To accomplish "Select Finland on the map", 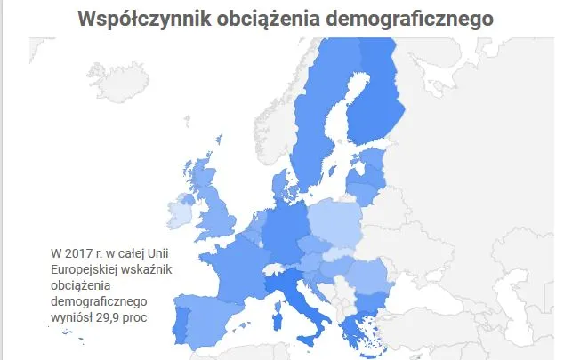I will [374, 102].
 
